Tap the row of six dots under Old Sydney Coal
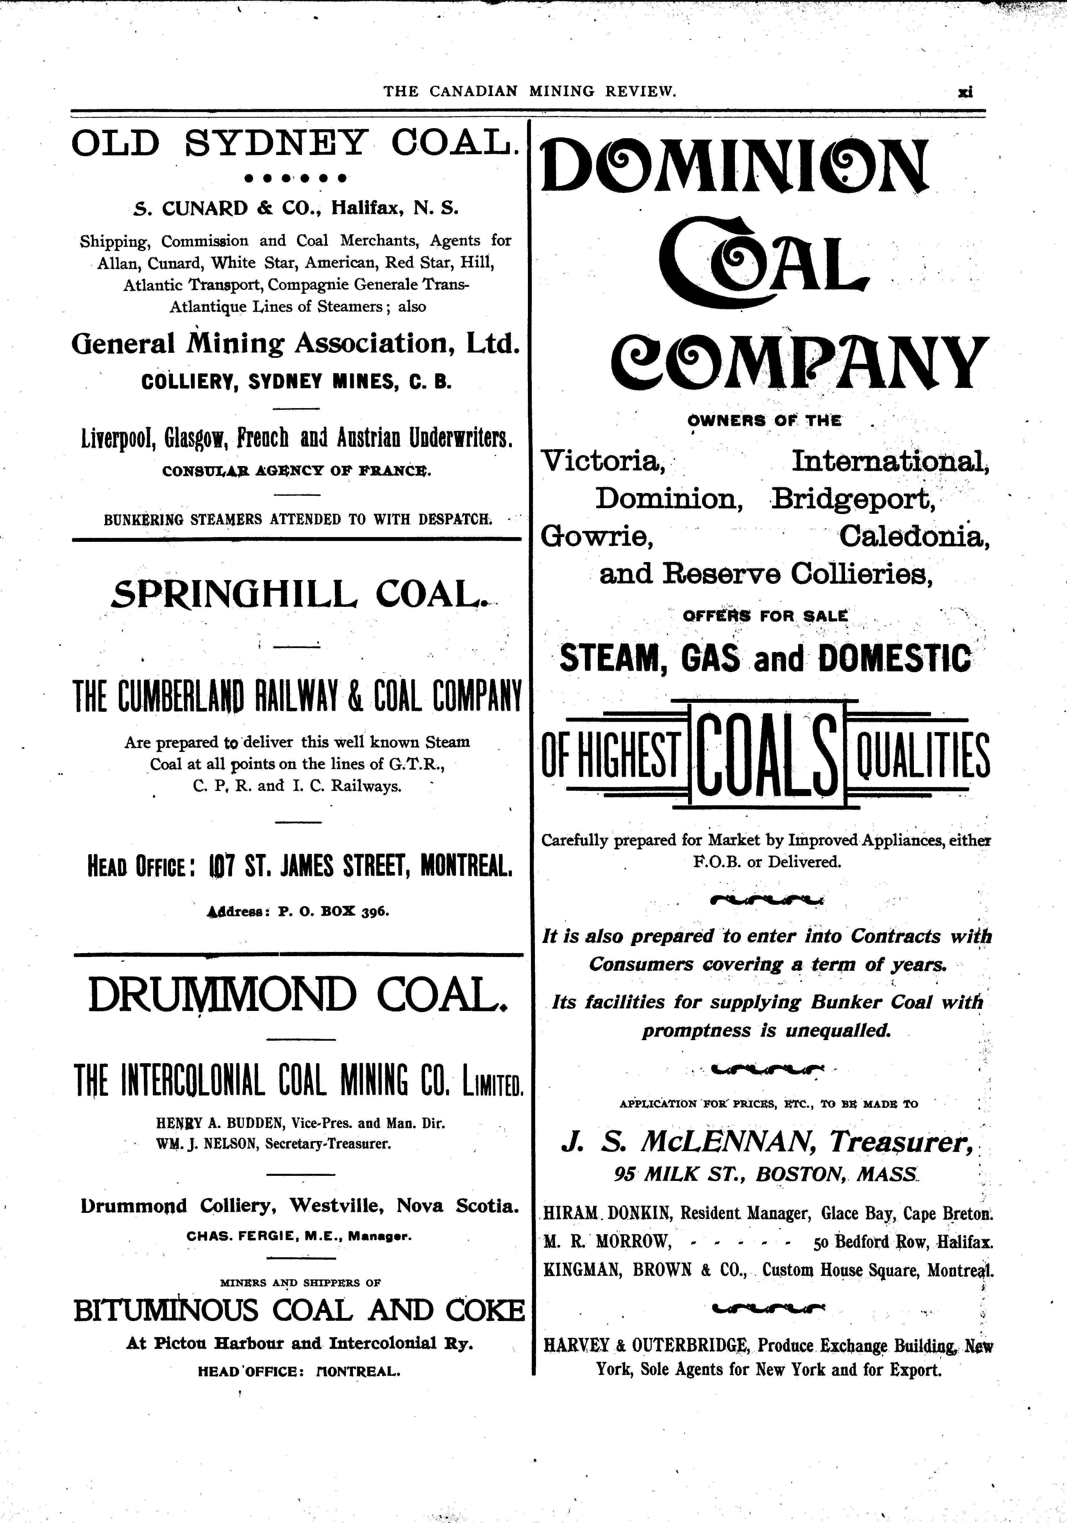click(295, 178)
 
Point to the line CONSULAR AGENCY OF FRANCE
click(296, 472)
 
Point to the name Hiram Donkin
click(606, 1214)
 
